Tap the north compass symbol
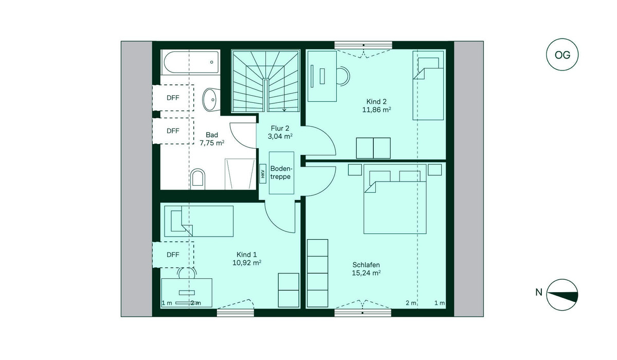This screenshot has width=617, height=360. [x=562, y=295]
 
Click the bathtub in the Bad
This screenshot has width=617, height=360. [x=192, y=62]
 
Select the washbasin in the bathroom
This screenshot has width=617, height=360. [x=211, y=99]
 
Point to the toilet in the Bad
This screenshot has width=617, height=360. [x=197, y=179]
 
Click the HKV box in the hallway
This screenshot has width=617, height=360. [x=263, y=173]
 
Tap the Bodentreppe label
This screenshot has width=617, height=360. [x=281, y=173]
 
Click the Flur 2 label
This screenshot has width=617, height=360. [x=280, y=129]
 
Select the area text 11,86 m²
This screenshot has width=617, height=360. [x=376, y=110]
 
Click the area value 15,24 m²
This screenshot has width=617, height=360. [x=366, y=273]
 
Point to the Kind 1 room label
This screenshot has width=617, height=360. [x=246, y=255]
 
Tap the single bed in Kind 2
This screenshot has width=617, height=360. [x=428, y=85]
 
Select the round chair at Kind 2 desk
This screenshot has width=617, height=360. [x=343, y=76]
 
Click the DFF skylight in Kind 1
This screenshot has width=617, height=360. [x=173, y=255]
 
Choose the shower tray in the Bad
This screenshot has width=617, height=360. [x=240, y=174]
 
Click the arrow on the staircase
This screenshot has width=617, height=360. [x=284, y=109]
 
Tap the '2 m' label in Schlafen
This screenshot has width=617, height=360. [x=411, y=303]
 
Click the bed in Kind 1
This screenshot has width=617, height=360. [x=199, y=221]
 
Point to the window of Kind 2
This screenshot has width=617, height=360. [x=364, y=45]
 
